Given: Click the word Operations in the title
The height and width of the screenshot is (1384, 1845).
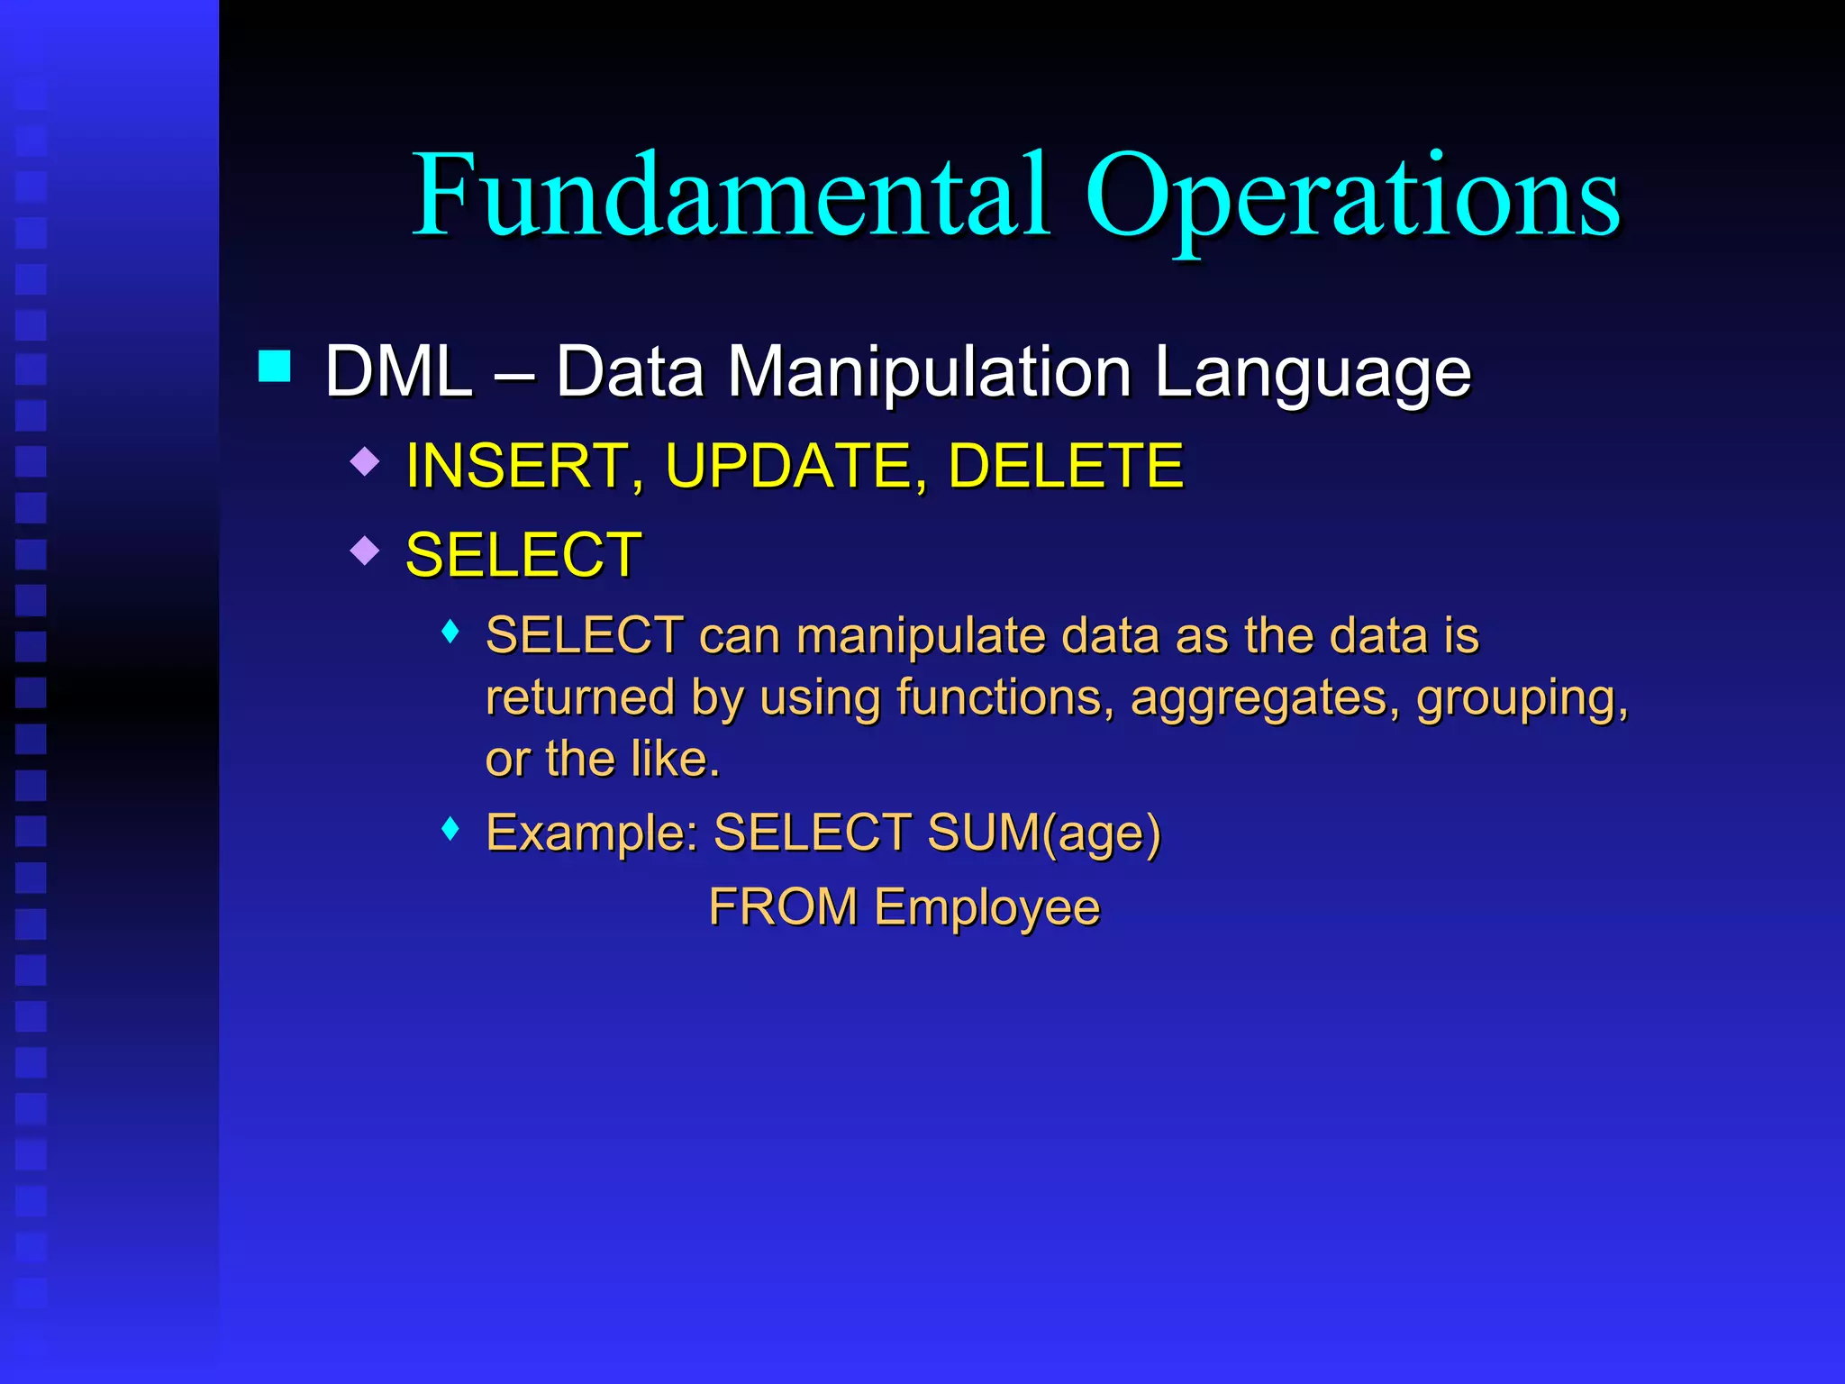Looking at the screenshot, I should point(1351,198).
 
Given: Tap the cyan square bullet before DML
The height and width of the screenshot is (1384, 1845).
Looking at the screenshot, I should point(274,367).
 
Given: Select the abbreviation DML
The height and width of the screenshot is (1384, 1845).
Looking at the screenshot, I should point(398,371).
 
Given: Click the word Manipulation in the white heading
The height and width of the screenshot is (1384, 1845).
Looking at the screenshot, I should point(929,371).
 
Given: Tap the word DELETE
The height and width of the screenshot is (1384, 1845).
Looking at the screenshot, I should point(1065,466).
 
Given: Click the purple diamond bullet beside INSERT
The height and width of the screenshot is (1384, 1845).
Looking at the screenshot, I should point(365,462).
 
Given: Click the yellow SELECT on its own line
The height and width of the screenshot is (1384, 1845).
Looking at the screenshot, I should point(523,555).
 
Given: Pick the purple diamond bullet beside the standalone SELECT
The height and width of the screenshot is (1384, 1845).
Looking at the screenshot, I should point(365,550).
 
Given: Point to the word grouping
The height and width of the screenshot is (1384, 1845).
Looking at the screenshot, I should point(1522,699).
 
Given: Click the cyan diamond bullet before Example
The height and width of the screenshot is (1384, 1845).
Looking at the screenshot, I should point(451,828).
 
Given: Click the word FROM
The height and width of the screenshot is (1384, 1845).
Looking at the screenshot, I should point(782,906).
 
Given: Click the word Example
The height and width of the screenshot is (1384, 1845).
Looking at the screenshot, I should point(591,833).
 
